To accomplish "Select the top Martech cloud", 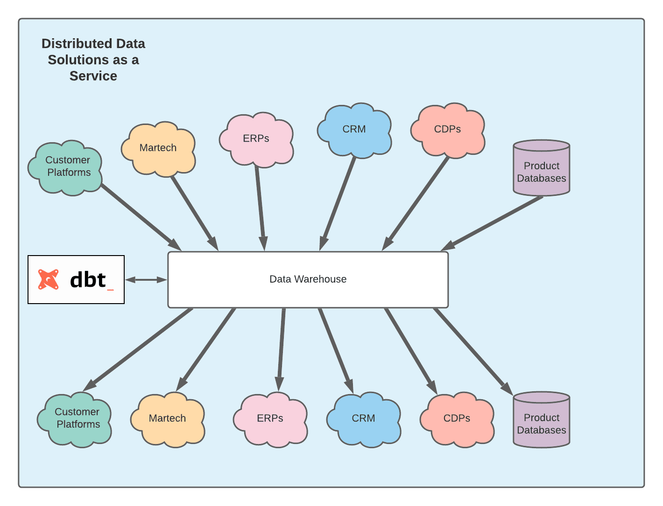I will (158, 149).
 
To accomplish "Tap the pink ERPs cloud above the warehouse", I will (256, 139).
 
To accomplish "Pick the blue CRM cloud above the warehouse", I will (354, 130).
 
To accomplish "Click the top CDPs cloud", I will (448, 130).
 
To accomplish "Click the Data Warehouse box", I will (308, 279).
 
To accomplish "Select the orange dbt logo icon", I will (49, 279).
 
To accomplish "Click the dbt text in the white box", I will (89, 280).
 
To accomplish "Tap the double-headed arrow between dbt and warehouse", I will (146, 280).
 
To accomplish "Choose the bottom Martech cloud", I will (168, 419).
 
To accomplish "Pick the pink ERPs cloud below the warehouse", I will (270, 419).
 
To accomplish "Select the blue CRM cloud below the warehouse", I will (364, 419).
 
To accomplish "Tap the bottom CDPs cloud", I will (457, 419).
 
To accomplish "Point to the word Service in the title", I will (93, 76).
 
